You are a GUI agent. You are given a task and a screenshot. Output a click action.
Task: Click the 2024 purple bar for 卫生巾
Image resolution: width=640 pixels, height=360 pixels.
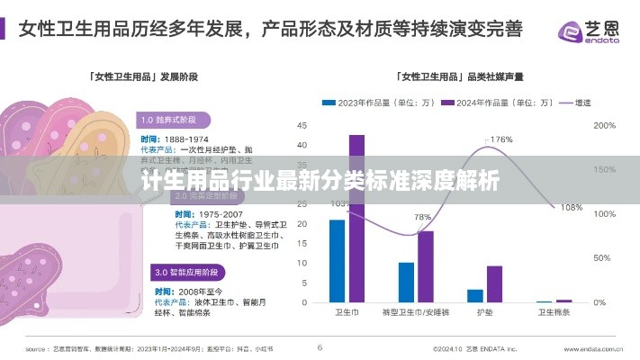tap(356, 219)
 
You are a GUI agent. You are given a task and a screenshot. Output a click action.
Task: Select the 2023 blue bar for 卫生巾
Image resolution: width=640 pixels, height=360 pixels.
tap(337, 261)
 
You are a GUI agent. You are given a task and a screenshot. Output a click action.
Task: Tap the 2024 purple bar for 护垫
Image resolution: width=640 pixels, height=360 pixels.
tap(494, 283)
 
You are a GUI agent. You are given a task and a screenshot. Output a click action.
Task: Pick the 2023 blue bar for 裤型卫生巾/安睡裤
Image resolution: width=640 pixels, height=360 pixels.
tap(406, 282)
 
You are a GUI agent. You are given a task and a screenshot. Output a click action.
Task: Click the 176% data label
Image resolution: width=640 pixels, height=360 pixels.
tap(500, 139)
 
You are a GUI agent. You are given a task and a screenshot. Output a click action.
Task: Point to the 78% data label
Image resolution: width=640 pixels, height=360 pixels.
tap(422, 218)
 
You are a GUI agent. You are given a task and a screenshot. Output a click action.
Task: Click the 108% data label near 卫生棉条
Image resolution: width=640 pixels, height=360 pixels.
tap(572, 208)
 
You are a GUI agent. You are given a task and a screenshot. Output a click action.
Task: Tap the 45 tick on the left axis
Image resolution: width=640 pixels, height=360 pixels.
tap(302, 126)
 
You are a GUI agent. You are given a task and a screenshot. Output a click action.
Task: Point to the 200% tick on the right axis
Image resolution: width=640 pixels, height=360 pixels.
tap(604, 126)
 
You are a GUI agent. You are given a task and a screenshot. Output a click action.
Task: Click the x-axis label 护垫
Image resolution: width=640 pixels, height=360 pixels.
tap(484, 313)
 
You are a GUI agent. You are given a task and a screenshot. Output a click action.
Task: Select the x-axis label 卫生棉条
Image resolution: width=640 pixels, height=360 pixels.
tap(554, 313)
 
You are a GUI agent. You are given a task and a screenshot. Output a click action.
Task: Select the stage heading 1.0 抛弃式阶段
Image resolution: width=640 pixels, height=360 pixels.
tap(175, 119)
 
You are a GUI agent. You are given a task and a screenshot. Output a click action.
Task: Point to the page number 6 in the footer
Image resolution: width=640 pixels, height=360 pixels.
tap(320, 346)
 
